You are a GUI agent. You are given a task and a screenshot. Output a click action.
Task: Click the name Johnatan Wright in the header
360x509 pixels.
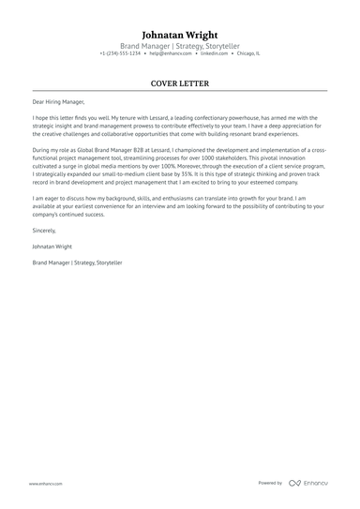180,34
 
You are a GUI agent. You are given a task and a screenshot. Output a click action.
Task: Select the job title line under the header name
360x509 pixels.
180,46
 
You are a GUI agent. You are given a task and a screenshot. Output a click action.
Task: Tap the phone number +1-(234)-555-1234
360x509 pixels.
120,54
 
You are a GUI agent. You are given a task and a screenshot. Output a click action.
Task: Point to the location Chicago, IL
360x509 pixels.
248,54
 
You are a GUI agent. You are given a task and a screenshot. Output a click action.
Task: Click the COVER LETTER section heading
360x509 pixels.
180,83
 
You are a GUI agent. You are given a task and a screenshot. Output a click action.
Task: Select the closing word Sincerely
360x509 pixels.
43,230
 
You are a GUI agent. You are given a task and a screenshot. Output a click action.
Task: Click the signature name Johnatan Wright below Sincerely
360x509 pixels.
52,247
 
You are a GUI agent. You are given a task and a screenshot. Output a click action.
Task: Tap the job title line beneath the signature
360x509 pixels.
77,263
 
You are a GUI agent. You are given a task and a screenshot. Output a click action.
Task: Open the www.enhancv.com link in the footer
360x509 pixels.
45,484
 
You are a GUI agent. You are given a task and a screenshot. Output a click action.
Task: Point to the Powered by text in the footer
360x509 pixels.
270,484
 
